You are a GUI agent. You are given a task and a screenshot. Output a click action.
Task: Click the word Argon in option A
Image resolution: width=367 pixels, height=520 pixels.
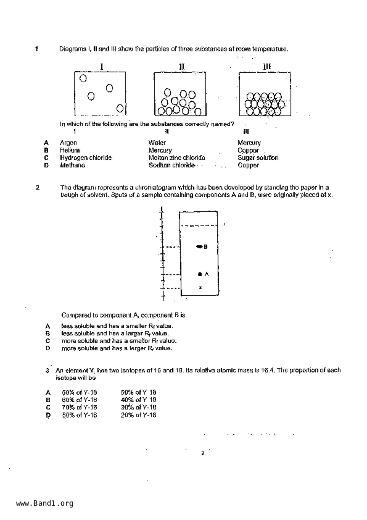coord(68,143)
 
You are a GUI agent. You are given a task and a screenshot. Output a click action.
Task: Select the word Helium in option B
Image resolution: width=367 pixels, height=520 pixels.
coord(70,150)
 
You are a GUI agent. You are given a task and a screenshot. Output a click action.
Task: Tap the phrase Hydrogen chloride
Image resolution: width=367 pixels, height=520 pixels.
coord(86,158)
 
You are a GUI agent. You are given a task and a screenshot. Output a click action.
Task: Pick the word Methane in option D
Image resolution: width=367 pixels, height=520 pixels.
coord(72,165)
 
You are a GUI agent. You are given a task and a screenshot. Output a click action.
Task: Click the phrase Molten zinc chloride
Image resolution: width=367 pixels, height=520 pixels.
coord(177,158)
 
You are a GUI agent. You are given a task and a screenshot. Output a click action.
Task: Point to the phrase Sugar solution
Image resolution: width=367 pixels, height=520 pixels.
coord(258,158)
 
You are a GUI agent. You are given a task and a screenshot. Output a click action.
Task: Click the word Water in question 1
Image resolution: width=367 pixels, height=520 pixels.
coord(157,143)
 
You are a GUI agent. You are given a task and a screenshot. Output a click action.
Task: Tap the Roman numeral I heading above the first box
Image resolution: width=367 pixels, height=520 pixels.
coord(102,67)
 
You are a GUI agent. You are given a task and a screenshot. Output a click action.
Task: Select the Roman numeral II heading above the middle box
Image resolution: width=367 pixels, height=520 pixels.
coord(182,67)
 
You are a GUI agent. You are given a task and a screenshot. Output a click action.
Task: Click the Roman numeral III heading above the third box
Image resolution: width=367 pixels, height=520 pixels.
coord(267,67)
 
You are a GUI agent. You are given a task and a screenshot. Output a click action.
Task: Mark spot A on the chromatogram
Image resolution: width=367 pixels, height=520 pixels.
coord(200,274)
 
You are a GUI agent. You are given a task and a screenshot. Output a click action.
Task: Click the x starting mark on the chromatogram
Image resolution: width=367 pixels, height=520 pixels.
coord(201,287)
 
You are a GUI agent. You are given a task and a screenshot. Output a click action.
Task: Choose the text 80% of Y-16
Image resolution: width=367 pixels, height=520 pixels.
coord(79,415)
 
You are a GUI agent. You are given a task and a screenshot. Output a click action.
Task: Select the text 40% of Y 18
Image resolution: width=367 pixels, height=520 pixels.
coord(138,400)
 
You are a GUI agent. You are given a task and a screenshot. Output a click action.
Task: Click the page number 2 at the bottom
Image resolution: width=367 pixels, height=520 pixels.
coord(203,453)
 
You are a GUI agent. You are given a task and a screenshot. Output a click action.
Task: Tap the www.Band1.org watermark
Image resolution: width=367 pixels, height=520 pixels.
coord(45,503)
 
